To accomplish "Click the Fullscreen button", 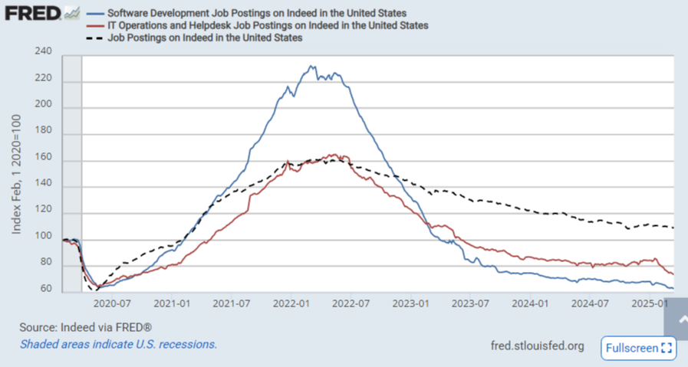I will pos(638,348).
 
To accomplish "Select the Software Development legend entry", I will pos(256,14).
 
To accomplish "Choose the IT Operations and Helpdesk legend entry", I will pos(267,25).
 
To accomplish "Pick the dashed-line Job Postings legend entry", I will pos(205,37).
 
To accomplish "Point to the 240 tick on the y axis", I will pos(43,52).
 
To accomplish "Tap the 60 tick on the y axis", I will pos(46,289).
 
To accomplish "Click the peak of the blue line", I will pos(311,67).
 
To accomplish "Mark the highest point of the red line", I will pos(333,155).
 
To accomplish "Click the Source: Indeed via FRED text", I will pos(84,327).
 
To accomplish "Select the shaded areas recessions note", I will pos(118,344).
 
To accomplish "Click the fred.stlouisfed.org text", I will pos(536,346).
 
